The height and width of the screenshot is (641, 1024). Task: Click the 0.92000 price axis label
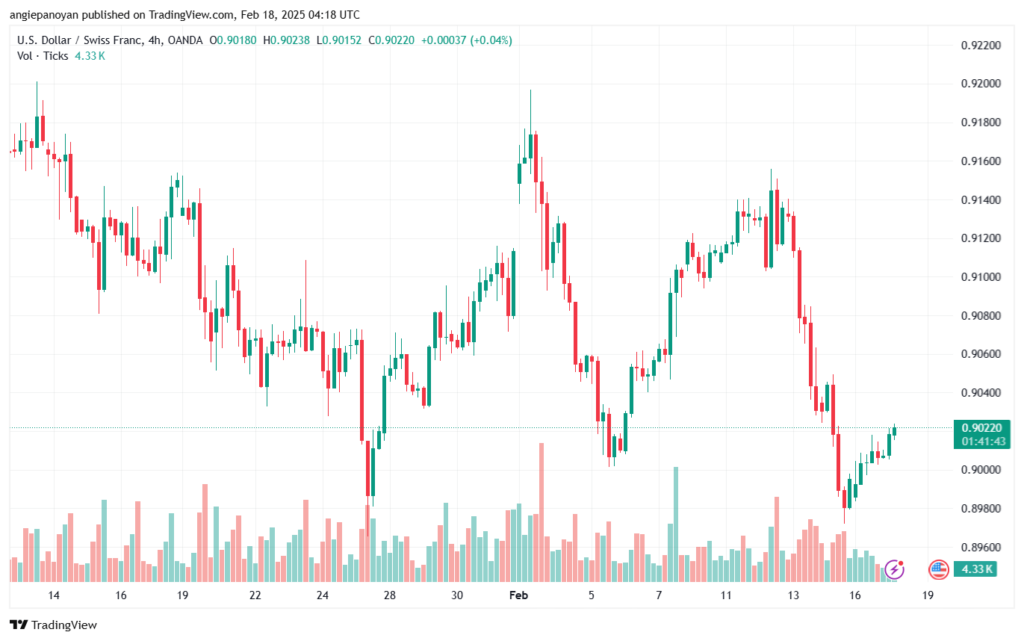point(980,84)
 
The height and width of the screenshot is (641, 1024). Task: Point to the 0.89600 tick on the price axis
point(980,547)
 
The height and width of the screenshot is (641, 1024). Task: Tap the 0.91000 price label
point(980,277)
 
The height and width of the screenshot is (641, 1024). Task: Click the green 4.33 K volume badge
point(975,569)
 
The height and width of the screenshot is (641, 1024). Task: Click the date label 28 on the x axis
point(390,595)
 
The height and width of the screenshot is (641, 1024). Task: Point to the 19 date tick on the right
point(927,595)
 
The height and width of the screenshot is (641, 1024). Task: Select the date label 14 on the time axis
point(54,595)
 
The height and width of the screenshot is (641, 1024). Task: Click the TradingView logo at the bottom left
point(54,625)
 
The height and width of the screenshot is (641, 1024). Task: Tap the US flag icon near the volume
point(938,570)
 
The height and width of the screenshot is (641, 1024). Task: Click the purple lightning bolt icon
point(894,570)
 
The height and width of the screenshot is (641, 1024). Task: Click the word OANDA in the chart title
point(185,40)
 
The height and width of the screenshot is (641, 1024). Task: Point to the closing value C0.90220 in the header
point(391,40)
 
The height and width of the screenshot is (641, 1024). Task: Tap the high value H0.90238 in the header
point(286,40)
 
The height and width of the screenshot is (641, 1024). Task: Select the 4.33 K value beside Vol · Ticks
point(89,56)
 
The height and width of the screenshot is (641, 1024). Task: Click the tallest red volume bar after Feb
point(541,512)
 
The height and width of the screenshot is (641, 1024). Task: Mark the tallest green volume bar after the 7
point(676,524)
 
